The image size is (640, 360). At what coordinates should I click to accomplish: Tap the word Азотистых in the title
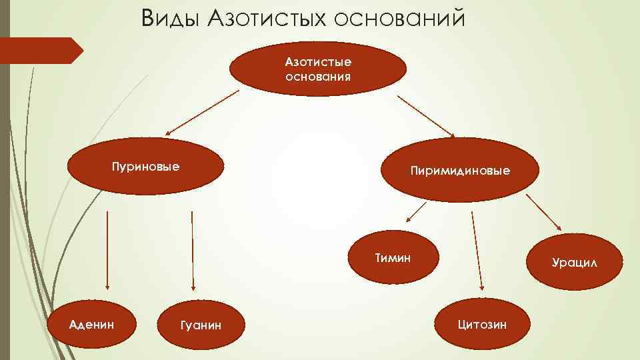click(264, 18)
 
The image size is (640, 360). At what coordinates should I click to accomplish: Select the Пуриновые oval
click(145, 167)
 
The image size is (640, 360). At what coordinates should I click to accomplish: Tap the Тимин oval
click(392, 257)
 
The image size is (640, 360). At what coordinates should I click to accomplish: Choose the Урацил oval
click(574, 263)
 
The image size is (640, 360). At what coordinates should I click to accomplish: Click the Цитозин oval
click(482, 325)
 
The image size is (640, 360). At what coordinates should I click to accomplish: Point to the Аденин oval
click(91, 325)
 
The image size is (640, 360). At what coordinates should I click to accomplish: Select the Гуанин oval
click(201, 325)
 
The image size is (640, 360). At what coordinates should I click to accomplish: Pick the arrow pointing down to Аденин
click(106, 250)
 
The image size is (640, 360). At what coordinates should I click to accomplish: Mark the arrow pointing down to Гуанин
click(192, 250)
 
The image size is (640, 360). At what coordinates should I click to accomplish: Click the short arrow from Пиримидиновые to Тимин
click(415, 213)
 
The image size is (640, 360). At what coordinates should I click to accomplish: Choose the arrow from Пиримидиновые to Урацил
click(543, 212)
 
